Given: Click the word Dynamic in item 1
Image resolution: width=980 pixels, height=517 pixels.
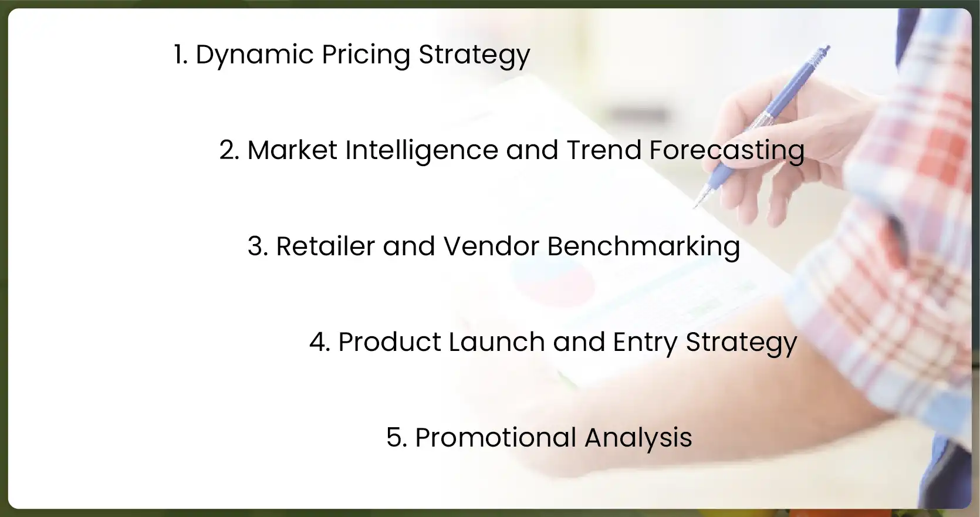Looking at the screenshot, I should (255, 55).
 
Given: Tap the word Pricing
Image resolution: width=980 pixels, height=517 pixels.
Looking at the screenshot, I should (366, 55).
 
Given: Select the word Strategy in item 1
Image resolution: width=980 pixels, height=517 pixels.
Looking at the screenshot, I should (474, 55).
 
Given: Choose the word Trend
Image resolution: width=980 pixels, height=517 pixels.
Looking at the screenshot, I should (604, 150).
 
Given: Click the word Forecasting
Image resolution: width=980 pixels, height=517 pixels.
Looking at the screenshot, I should (726, 150).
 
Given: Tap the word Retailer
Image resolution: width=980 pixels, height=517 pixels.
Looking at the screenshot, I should (325, 246).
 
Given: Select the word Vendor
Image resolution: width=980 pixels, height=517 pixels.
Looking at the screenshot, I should (491, 246).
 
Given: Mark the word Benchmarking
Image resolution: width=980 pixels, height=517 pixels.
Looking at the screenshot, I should (643, 246).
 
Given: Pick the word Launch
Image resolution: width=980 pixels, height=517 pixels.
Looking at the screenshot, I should (496, 342).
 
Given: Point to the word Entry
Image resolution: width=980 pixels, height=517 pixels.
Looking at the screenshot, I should (645, 342).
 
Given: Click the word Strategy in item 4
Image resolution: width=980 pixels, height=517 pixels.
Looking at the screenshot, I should (741, 342).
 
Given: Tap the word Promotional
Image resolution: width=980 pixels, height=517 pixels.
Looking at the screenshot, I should (496, 438).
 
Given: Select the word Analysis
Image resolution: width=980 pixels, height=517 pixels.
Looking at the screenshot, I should (638, 438).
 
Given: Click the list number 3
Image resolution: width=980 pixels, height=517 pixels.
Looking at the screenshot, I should (257, 246).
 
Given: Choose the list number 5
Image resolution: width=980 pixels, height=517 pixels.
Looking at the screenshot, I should (396, 438).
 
